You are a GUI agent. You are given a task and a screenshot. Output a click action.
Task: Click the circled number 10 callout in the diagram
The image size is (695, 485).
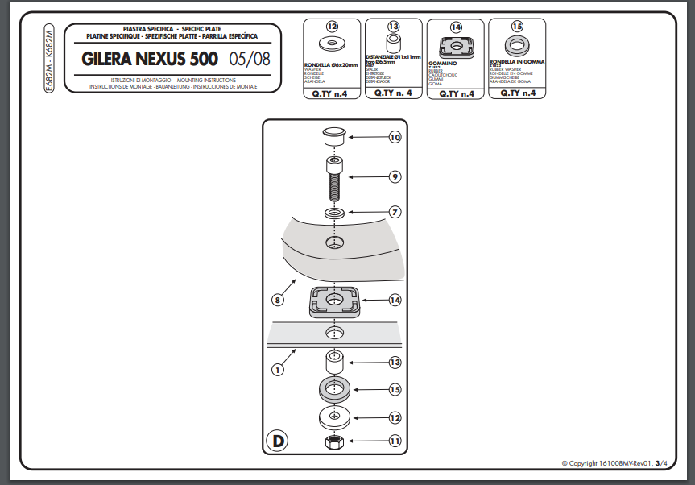[395, 137]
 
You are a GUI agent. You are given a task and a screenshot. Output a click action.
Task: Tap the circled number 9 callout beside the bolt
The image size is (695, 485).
[395, 176]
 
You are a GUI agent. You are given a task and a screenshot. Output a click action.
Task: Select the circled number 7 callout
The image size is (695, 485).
[395, 212]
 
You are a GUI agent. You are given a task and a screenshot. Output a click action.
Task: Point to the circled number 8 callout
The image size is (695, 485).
[277, 300]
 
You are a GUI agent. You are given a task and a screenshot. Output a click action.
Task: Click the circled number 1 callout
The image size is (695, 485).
[277, 370]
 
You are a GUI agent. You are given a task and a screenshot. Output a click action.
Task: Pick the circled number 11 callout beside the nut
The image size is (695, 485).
[395, 441]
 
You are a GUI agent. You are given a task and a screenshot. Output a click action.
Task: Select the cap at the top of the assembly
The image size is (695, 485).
[334, 136]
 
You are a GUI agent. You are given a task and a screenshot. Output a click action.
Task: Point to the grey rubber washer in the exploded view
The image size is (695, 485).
[334, 390]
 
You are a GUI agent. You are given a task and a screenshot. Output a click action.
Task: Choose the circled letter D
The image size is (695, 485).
[277, 441]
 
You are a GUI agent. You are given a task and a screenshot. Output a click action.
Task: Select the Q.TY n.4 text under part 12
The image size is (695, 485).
[331, 93]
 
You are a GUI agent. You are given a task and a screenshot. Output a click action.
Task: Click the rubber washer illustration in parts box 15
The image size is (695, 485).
[517, 44]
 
